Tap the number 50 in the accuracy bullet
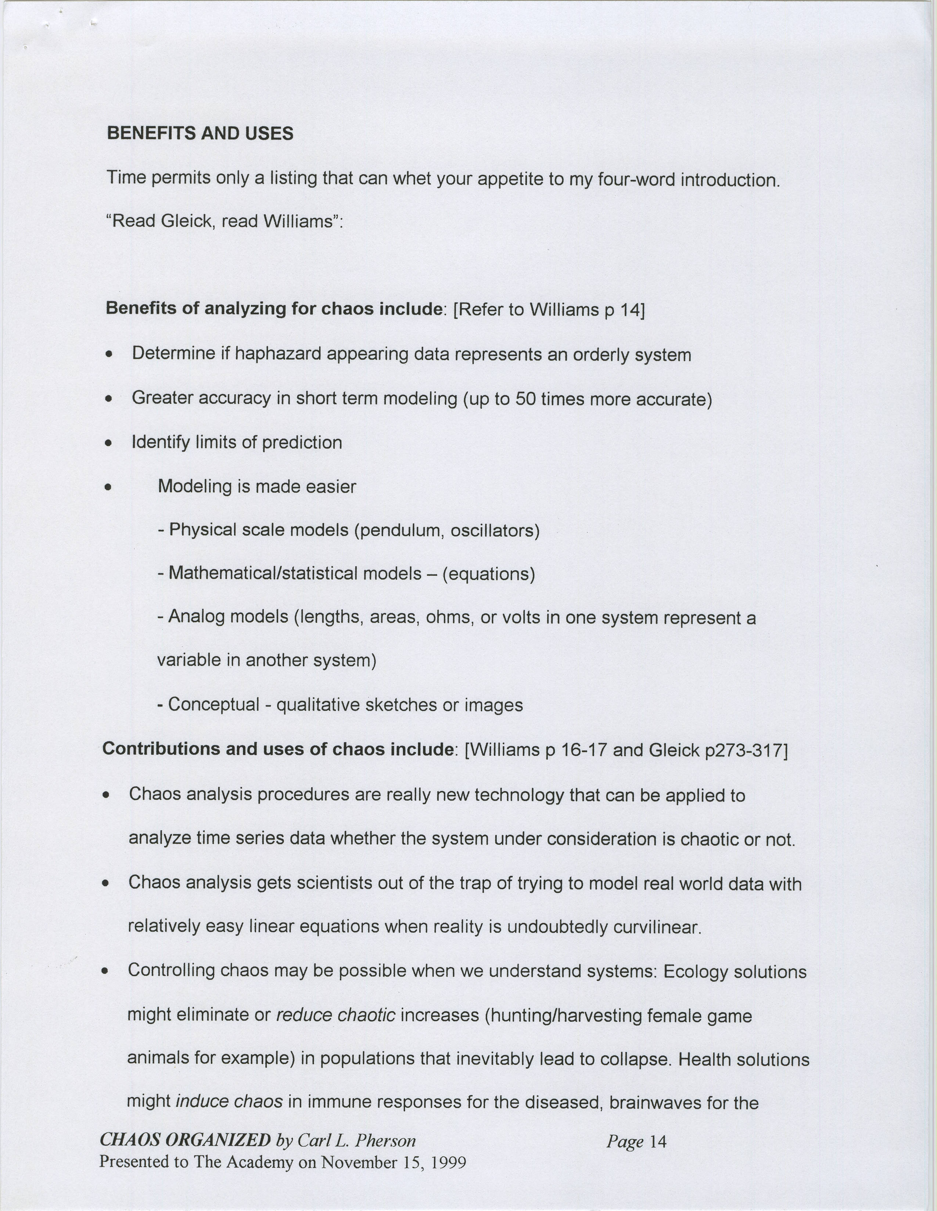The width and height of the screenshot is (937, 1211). point(525,399)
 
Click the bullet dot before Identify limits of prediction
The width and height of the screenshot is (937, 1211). point(110,443)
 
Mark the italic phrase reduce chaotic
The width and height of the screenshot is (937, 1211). point(335,1015)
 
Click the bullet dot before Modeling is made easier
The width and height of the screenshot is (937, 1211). point(110,488)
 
